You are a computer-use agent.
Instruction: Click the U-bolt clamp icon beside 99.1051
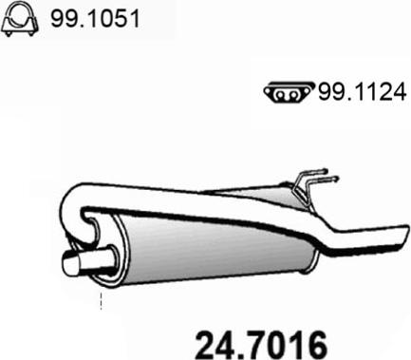pyautogui.click(x=20, y=19)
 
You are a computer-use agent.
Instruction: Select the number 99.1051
pyautogui.click(x=95, y=18)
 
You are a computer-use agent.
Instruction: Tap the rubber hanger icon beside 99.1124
pyautogui.click(x=290, y=92)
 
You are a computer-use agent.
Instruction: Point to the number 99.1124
pyautogui.click(x=362, y=92)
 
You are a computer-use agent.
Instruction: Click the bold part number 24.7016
pyautogui.click(x=261, y=345)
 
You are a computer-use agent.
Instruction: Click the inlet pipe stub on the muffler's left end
pyautogui.click(x=87, y=261)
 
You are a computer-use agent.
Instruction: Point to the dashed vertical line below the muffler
pyautogui.click(x=101, y=301)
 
